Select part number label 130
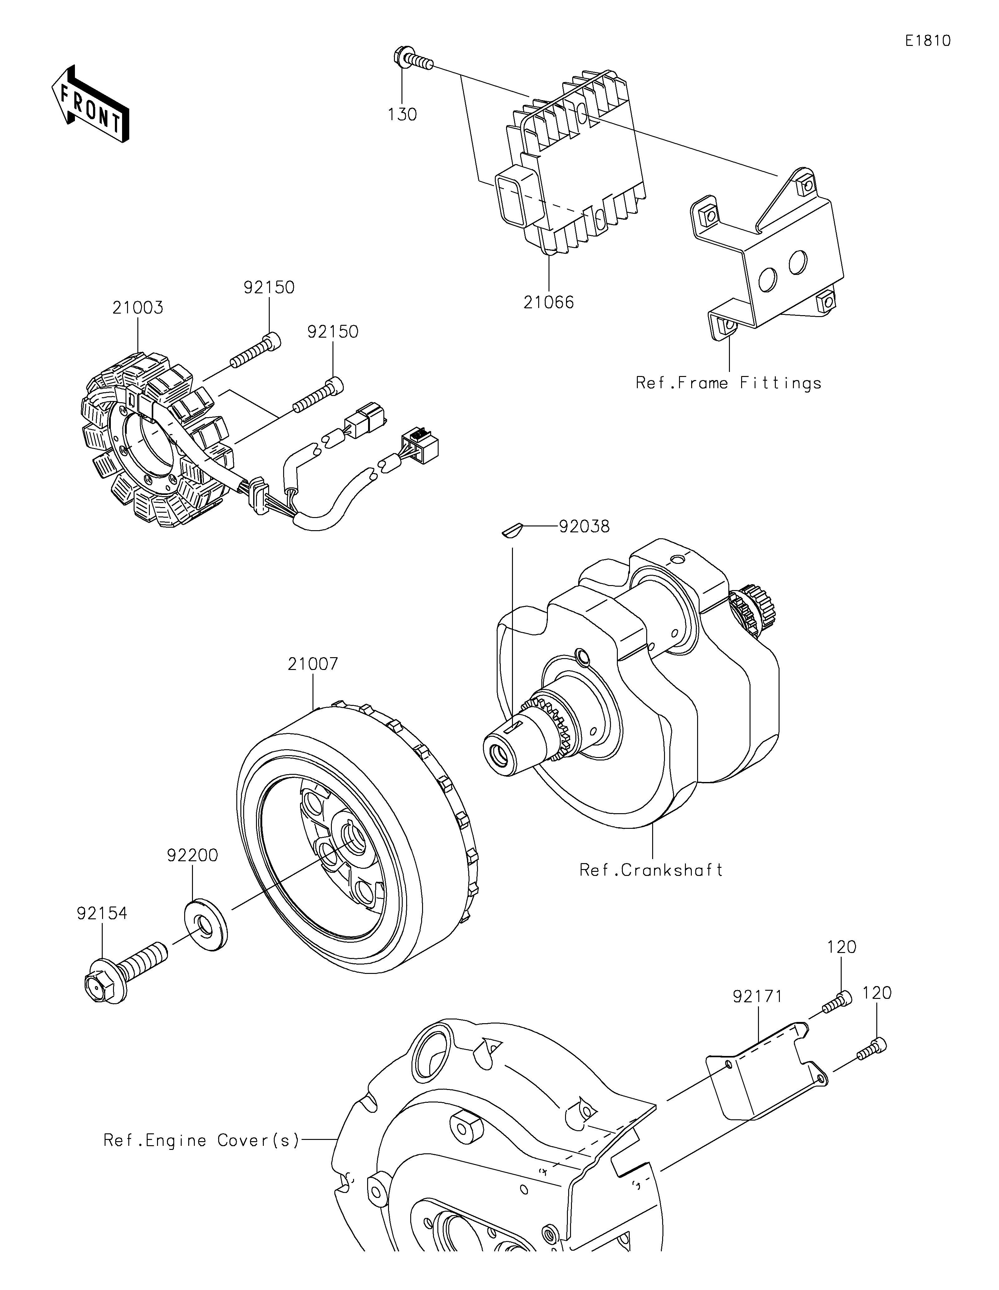pos(402,114)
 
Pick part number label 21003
pos(138,308)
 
